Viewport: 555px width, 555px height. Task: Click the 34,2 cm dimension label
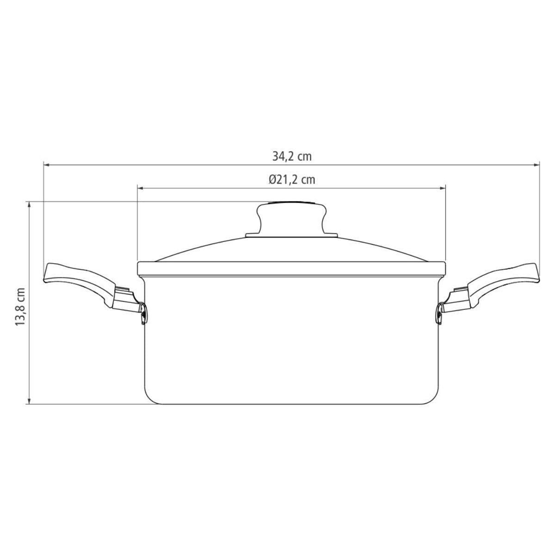pos(292,157)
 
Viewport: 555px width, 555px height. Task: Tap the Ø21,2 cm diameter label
pos(292,180)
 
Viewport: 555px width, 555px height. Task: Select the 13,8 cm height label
pos(20,307)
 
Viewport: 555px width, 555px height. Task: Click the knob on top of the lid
pos(291,218)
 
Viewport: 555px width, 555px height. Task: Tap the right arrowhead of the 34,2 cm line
pos(537,165)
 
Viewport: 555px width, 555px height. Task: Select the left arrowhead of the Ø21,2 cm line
pos(140,188)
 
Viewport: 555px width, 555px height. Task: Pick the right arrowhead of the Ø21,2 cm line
pos(443,188)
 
